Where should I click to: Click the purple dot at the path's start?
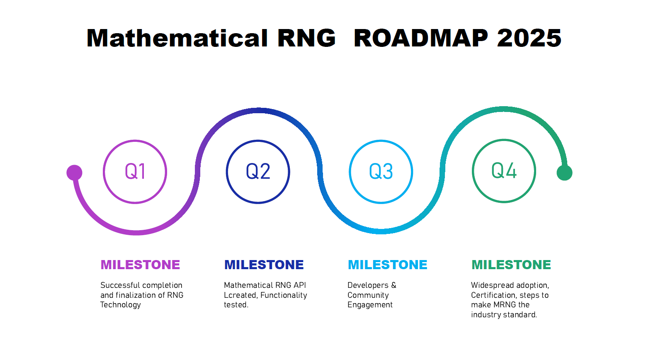(x=74, y=173)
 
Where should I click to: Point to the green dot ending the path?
(x=564, y=173)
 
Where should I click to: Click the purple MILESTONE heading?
(x=140, y=265)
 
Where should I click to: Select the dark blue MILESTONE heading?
(x=264, y=265)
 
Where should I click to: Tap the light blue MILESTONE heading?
(x=387, y=265)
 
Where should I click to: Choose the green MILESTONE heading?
(x=511, y=265)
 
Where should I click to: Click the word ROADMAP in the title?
(x=421, y=38)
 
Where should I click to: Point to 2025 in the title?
(x=529, y=38)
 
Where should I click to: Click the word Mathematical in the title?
(x=177, y=38)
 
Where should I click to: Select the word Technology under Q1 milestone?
(x=121, y=305)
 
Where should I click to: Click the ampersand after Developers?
(x=393, y=285)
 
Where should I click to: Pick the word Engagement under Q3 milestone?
(x=370, y=305)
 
